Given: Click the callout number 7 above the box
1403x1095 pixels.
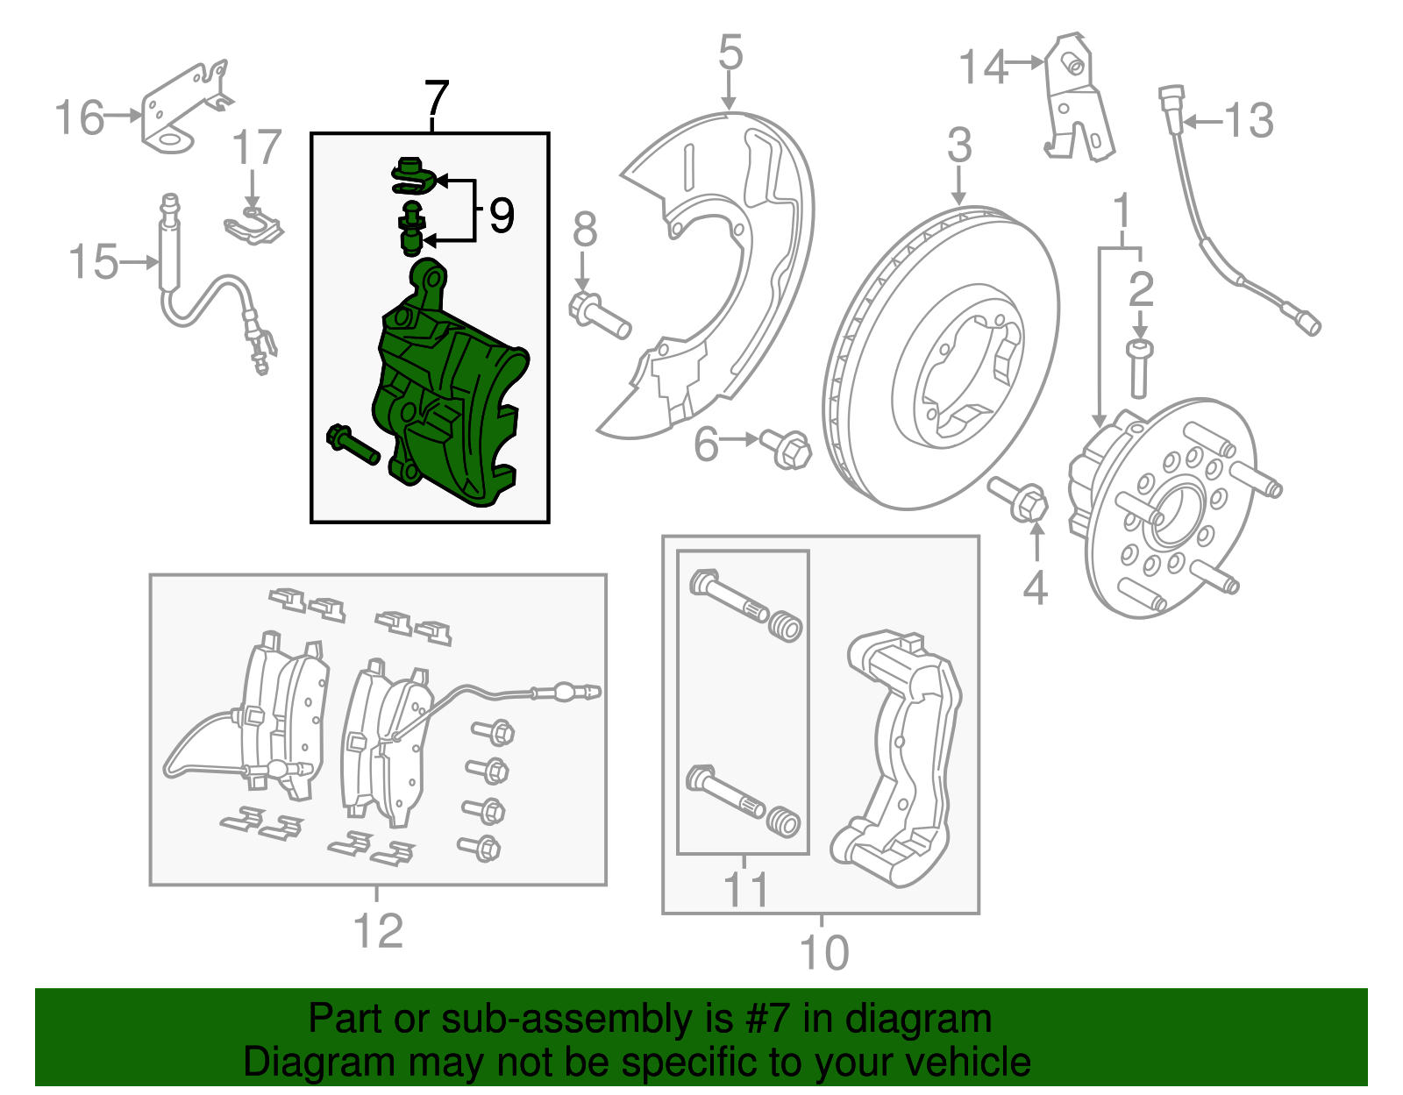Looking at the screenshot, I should click(x=436, y=99).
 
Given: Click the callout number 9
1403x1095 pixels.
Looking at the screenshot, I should click(x=501, y=216).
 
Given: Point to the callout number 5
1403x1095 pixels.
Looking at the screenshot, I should click(x=730, y=53).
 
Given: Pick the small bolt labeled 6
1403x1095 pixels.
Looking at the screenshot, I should click(x=787, y=449).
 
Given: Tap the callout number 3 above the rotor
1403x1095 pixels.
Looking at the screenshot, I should click(x=959, y=146).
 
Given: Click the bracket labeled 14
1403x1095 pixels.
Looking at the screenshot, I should click(x=1077, y=101).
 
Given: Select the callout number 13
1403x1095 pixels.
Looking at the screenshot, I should click(x=1249, y=121).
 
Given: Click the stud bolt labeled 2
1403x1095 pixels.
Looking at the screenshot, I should click(x=1139, y=369).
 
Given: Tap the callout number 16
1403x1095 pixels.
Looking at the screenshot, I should click(x=80, y=118).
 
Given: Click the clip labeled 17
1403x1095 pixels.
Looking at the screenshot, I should click(x=253, y=225).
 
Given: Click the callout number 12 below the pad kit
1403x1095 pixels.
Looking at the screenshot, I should click(x=378, y=932).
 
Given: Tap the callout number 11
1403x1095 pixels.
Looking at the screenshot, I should click(x=745, y=890).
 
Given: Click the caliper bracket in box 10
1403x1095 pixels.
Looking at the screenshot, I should click(x=903, y=754).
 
